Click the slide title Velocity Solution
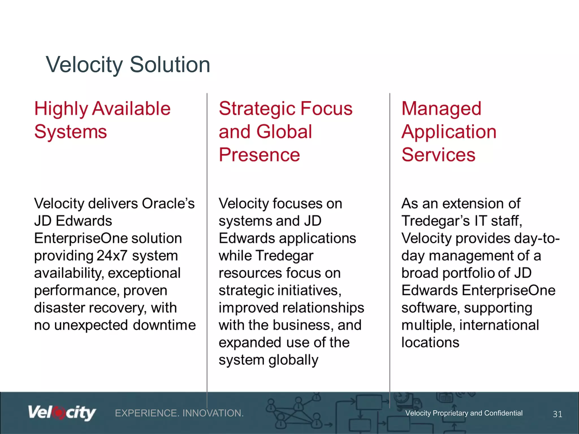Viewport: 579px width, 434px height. tap(128, 65)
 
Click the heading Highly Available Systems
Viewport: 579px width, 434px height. tap(102, 120)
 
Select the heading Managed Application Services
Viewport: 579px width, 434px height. tap(449, 132)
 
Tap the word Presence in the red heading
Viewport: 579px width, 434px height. tap(259, 155)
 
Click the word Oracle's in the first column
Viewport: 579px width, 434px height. tap(168, 203)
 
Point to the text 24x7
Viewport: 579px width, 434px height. tap(112, 256)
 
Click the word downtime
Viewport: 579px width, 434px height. tap(164, 325)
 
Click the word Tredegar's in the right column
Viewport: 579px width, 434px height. tap(436, 221)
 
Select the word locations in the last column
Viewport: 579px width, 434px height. tap(430, 342)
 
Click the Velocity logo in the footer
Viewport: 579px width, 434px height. tap(62, 413)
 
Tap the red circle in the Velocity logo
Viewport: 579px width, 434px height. tap(59, 413)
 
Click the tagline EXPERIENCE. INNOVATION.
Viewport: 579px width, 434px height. tap(179, 413)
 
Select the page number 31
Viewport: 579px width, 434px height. tap(557, 414)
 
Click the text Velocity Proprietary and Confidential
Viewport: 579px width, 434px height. tap(464, 413)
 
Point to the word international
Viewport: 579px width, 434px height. tap(499, 325)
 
